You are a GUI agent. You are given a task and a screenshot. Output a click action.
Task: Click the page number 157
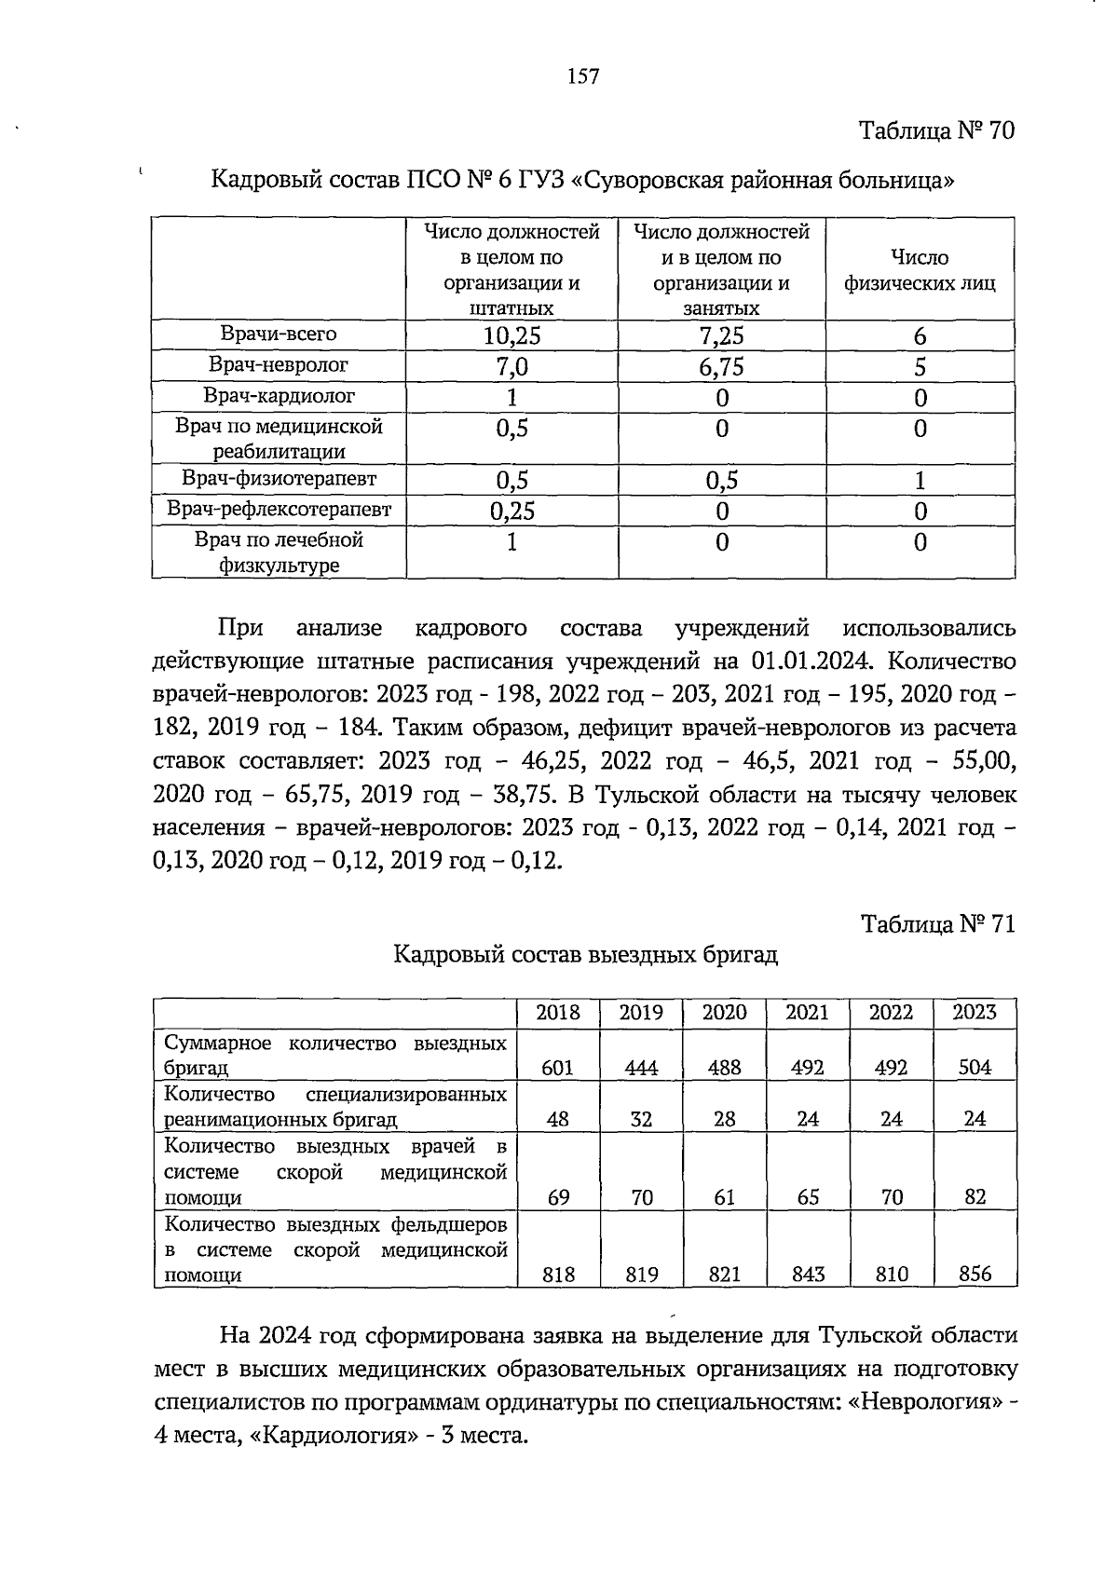tap(583, 77)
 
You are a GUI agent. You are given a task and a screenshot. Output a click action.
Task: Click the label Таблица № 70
tap(935, 130)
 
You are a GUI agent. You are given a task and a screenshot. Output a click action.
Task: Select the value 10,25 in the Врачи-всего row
tap(511, 336)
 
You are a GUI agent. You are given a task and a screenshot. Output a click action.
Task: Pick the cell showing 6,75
tap(722, 367)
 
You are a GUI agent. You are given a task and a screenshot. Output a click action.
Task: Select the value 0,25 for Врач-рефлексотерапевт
tap(511, 511)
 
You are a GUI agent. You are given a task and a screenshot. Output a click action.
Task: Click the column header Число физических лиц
tap(920, 270)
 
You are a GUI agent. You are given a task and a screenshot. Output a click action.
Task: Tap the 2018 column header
tap(557, 1013)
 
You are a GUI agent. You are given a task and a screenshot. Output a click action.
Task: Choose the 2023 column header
tap(975, 1013)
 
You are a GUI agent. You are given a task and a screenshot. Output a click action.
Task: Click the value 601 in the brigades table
tap(557, 1068)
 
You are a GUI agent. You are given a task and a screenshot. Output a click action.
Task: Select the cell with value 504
tap(975, 1068)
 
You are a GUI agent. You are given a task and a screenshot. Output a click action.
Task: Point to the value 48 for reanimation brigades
tap(557, 1119)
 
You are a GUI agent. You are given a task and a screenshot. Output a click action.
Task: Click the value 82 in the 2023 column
tap(975, 1197)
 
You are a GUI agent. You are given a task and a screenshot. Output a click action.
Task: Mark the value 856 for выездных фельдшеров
tap(975, 1275)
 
